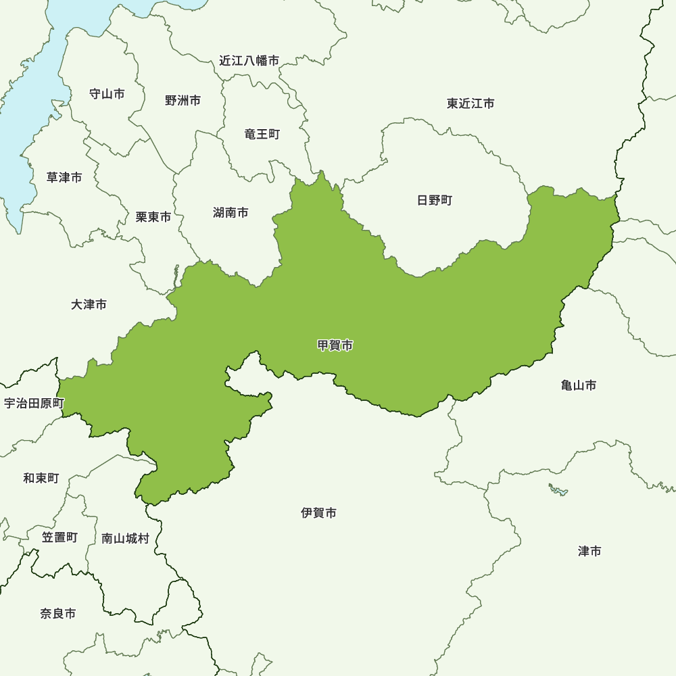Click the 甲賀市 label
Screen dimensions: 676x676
coord(335,345)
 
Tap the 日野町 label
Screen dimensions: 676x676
coord(435,200)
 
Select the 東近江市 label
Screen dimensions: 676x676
coord(470,103)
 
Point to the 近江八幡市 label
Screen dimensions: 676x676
coord(249,61)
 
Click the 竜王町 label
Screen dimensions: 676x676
coord(262,134)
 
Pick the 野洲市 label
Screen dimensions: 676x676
coord(183,101)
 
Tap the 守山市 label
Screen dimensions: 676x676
coord(107,94)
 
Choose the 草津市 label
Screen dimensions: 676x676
coord(64,177)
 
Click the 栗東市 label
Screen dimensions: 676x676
coord(153,217)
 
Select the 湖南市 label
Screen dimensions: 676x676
coord(231,213)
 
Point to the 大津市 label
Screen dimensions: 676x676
coord(89,305)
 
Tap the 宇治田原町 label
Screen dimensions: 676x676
coord(34,404)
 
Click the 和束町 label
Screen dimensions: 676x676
coord(41,478)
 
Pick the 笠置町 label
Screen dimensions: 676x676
coord(59,537)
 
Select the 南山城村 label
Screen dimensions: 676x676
coord(125,539)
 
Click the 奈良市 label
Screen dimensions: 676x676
coord(57,614)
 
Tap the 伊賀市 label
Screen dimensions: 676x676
coord(319,513)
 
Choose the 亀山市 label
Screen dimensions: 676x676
coord(579,385)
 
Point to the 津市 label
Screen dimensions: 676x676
coord(589,552)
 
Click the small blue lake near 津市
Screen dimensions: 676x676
coord(558,489)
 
